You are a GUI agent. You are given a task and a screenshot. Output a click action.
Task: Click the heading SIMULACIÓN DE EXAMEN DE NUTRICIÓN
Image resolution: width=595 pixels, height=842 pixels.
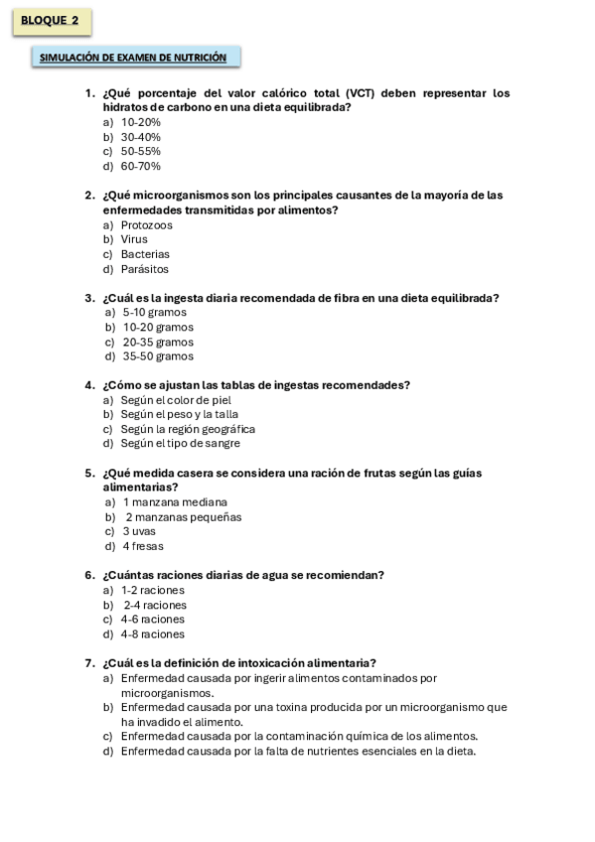pyautogui.click(x=134, y=59)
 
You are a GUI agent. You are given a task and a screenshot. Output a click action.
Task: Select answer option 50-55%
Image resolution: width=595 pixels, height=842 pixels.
pyautogui.click(x=140, y=151)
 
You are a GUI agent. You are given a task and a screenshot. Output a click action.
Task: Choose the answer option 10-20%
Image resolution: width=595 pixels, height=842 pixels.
pyautogui.click(x=140, y=122)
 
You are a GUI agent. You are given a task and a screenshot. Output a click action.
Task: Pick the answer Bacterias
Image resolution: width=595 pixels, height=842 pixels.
pyautogui.click(x=145, y=254)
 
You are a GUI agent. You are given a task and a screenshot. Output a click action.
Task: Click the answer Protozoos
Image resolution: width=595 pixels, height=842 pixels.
pyautogui.click(x=146, y=225)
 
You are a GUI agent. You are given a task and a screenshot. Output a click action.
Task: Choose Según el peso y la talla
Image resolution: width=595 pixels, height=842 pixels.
pyautogui.click(x=180, y=414)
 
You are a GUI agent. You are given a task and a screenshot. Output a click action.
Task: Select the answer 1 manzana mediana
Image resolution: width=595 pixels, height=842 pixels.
pyautogui.click(x=175, y=502)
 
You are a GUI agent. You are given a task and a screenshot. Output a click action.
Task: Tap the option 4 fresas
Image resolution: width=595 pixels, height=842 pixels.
pyautogui.click(x=143, y=546)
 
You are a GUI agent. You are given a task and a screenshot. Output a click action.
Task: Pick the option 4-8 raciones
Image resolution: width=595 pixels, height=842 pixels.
pyautogui.click(x=153, y=633)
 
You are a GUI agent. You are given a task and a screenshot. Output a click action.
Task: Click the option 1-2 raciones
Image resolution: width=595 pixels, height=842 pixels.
pyautogui.click(x=153, y=590)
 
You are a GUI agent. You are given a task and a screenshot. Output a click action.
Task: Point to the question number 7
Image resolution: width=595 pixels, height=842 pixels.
pyautogui.click(x=89, y=663)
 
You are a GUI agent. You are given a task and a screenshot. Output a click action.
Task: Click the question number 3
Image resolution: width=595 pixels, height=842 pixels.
pyautogui.click(x=89, y=298)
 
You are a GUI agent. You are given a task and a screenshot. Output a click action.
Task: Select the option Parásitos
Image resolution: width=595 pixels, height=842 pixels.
pyautogui.click(x=145, y=269)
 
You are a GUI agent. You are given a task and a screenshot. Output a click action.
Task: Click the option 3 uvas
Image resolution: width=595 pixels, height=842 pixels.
pyautogui.click(x=139, y=531)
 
